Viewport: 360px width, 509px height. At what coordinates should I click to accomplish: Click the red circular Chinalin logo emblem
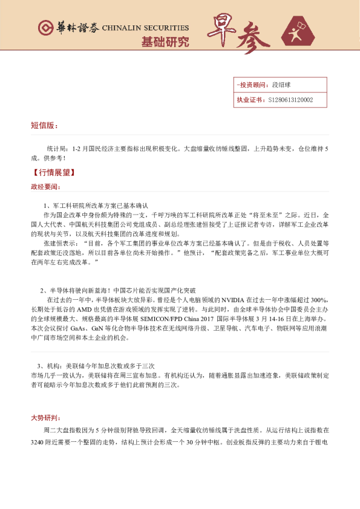[x=44, y=28]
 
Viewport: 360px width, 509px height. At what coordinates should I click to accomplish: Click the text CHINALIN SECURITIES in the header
[x=145, y=28]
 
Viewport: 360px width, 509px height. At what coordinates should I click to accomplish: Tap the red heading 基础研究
[x=165, y=42]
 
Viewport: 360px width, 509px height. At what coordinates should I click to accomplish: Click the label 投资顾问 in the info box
[x=252, y=85]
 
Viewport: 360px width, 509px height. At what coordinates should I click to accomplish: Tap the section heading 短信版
[x=44, y=126]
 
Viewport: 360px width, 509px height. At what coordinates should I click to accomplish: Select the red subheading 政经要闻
[x=45, y=187]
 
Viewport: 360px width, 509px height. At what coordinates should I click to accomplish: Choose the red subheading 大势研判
[x=45, y=418]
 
